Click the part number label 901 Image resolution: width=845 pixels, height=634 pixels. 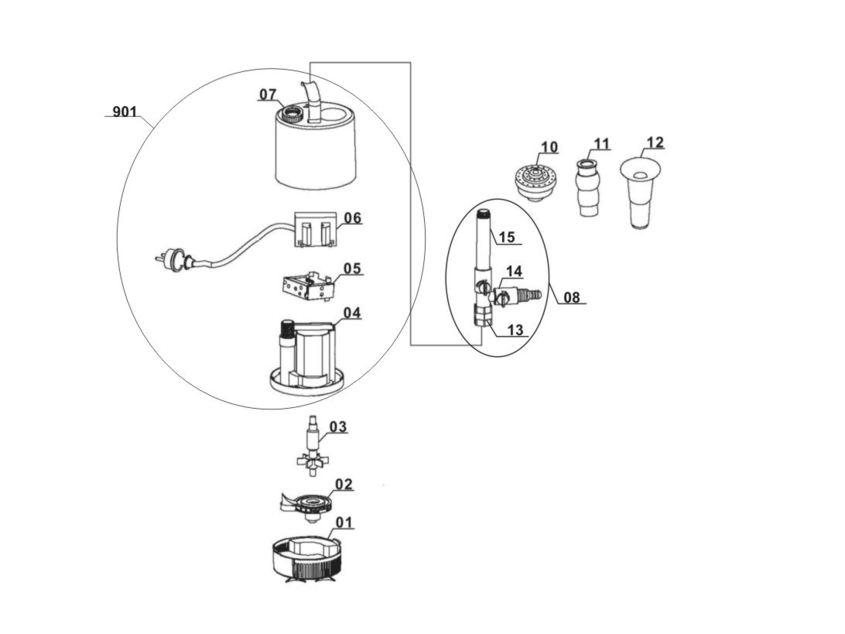[x=125, y=112]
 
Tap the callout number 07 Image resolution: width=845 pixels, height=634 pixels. [x=268, y=94]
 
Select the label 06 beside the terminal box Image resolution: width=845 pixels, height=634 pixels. [x=352, y=218]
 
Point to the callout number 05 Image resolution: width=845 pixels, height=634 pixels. [x=352, y=269]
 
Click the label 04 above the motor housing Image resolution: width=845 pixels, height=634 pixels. [x=352, y=313]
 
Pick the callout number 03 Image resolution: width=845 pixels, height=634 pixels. [x=338, y=427]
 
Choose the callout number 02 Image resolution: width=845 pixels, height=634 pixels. [x=344, y=485]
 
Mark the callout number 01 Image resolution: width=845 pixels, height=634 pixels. [x=344, y=523]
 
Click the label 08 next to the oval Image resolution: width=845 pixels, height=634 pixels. [x=572, y=296]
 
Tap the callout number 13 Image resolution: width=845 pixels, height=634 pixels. [x=515, y=331]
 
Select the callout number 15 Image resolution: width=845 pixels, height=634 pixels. [x=506, y=237]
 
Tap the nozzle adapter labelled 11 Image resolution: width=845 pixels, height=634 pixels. [x=587, y=190]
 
